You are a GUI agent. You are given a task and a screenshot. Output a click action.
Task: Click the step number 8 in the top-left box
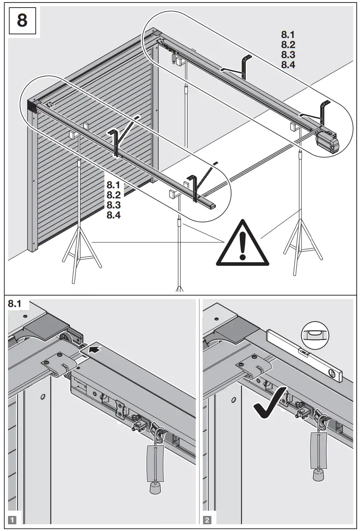point(21,20)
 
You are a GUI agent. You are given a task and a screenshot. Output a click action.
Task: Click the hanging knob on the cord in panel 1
point(155,488)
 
